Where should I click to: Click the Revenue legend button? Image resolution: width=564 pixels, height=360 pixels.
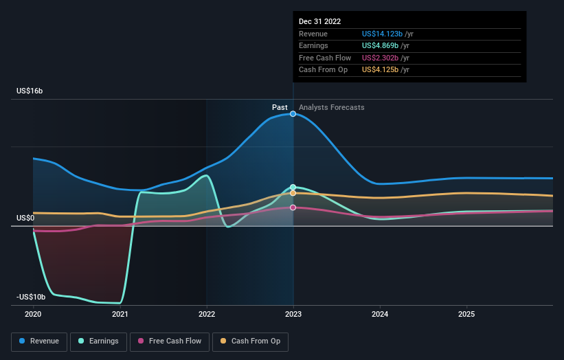[39, 341]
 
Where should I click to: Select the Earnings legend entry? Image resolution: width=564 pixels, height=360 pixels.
[98, 341]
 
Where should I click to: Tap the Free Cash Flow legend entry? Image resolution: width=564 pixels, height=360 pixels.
[170, 341]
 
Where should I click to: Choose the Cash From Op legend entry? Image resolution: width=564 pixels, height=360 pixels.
[250, 341]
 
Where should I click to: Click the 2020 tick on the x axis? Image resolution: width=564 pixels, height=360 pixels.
[33, 314]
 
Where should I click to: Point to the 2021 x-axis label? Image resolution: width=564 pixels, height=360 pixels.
[120, 314]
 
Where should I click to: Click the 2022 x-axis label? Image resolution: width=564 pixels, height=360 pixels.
[207, 314]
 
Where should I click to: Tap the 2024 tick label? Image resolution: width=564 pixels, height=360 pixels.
[380, 314]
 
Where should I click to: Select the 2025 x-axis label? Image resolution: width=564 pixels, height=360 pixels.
[466, 314]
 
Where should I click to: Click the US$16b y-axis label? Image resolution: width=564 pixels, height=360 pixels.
[30, 91]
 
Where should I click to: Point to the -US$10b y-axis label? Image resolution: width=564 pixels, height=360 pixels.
[31, 297]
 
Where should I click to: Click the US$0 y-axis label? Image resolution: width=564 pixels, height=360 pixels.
[25, 218]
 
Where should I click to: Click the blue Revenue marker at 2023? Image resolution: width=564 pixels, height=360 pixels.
[293, 114]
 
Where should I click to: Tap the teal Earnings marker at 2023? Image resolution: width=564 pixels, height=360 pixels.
[293, 187]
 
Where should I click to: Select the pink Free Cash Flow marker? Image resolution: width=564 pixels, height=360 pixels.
[293, 207]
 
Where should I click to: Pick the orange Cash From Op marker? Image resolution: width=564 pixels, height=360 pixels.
[293, 193]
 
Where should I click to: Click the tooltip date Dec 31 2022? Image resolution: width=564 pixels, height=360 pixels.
[319, 21]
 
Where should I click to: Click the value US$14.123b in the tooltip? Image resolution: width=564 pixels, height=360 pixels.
[382, 34]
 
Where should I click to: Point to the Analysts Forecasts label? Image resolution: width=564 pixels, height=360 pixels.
[332, 108]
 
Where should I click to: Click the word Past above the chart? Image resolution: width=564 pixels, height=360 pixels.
[280, 108]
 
